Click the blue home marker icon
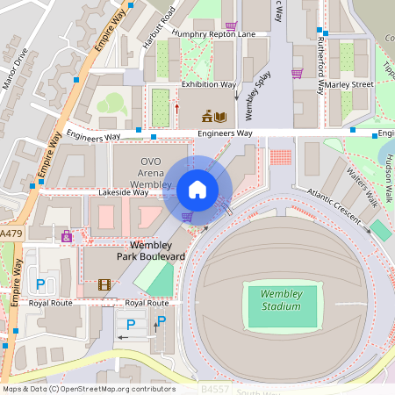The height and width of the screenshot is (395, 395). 197,190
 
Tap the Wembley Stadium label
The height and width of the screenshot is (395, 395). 281,300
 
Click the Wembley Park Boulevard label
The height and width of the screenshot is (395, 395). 152,250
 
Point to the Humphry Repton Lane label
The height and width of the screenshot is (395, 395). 214,34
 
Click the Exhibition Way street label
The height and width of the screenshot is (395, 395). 209,85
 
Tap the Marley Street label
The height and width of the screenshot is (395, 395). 351,85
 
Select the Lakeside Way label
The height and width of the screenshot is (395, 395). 122,191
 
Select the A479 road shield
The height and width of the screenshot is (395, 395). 11,234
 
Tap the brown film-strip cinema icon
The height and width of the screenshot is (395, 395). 104,284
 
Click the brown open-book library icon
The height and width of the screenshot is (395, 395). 219,116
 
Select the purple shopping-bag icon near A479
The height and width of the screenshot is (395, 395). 67,236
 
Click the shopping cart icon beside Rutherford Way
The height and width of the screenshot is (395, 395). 297,74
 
